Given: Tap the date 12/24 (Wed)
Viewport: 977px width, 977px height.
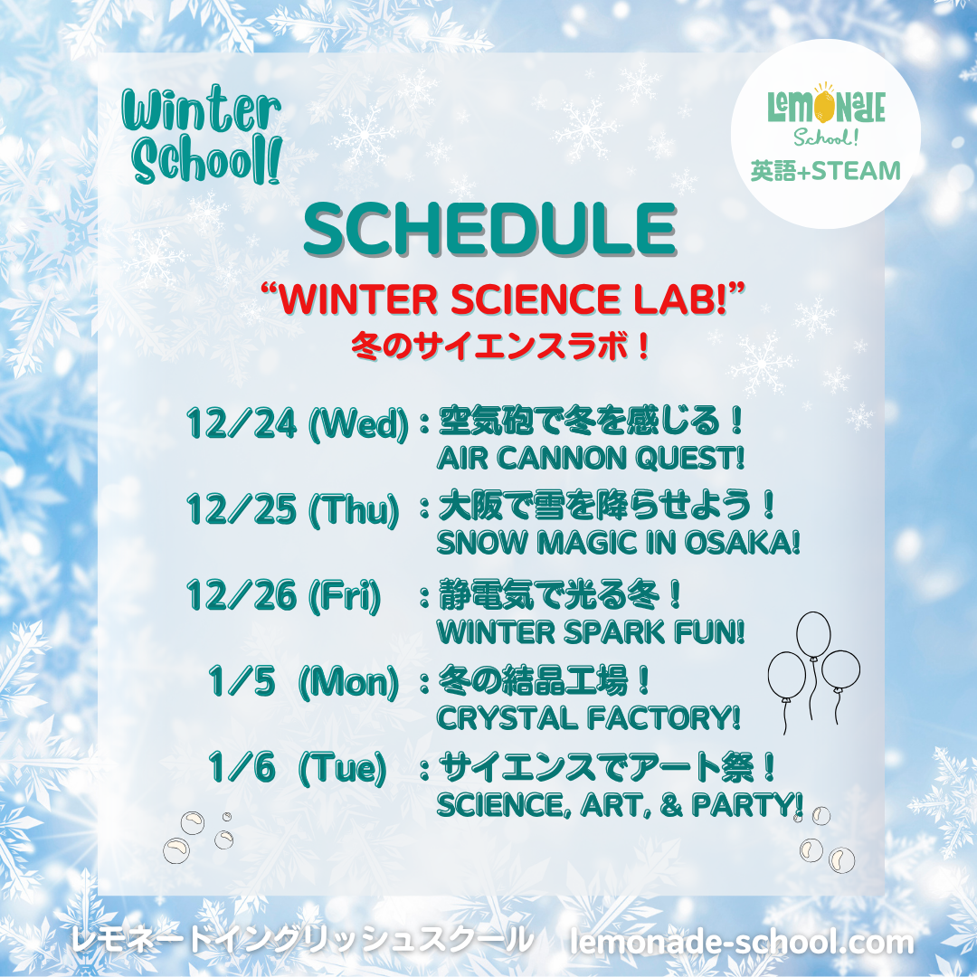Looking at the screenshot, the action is point(298,423).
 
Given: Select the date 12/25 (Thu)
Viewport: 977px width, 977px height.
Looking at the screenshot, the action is point(293,508).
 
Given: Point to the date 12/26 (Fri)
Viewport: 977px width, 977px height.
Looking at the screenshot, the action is point(283,595).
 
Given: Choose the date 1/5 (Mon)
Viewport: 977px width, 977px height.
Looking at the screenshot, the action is point(303,681).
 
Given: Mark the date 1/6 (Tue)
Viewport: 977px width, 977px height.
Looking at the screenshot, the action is point(298,767).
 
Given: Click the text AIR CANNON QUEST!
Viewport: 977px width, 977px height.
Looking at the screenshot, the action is point(591,459).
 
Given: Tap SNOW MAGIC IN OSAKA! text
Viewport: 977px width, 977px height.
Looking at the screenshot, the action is point(618,543).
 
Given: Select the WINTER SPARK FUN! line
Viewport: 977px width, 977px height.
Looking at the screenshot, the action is point(591,632).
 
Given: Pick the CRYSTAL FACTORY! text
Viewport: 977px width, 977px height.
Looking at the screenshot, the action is point(588,718).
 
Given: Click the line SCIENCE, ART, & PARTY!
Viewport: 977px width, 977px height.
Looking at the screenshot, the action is point(620,805).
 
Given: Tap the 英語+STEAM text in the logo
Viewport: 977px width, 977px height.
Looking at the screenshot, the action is point(826,171).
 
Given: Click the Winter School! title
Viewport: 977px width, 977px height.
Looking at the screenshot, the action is point(202,135).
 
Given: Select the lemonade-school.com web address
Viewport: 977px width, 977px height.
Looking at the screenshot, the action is point(742,941).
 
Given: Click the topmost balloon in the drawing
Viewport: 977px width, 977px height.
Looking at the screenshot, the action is point(814,635).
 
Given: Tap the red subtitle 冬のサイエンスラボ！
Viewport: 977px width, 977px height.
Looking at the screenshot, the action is point(500,346).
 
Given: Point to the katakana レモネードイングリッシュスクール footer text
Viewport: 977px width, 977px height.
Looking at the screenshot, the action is point(302,941).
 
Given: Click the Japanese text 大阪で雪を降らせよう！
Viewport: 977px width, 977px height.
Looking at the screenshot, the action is point(607,506).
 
